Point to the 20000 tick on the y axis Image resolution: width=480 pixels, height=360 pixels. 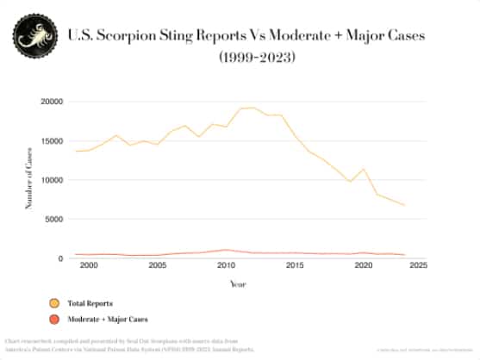click(x=51, y=102)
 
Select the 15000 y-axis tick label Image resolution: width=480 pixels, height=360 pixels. click(x=51, y=141)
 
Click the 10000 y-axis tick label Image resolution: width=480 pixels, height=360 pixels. click(x=51, y=180)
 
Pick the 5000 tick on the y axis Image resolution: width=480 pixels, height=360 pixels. click(x=53, y=220)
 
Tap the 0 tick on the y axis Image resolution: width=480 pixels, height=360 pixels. click(x=59, y=258)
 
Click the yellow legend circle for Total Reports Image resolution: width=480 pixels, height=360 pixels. click(x=54, y=304)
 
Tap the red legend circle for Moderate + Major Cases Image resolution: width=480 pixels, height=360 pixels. click(x=54, y=320)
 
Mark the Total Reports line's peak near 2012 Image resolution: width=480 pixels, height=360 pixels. click(x=252, y=108)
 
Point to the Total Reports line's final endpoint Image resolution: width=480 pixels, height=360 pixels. click(x=404, y=206)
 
